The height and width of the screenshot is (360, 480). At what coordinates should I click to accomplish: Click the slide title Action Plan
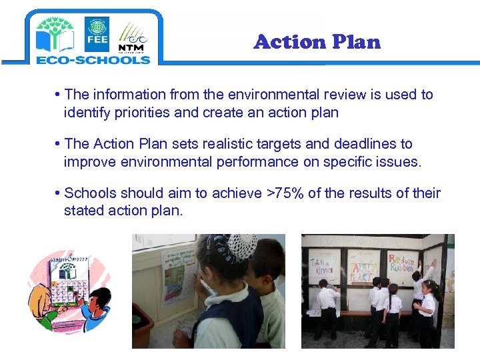(x=317, y=42)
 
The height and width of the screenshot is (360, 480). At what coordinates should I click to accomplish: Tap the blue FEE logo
(x=97, y=33)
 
